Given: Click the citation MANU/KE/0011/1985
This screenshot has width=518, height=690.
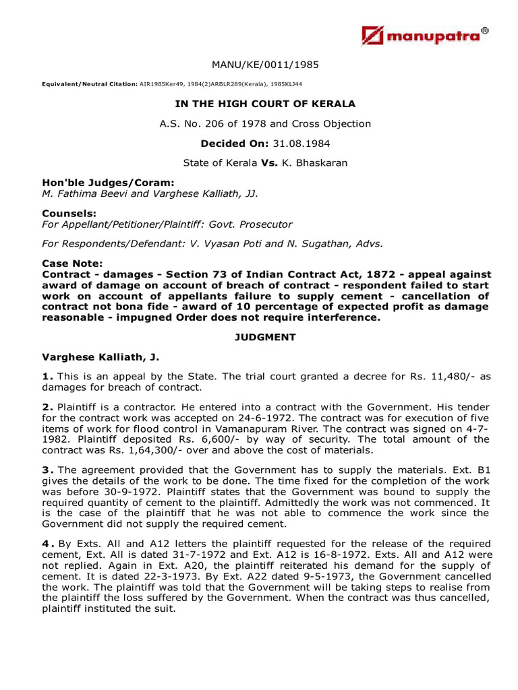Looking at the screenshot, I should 265,65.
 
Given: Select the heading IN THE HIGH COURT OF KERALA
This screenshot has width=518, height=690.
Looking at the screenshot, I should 265,104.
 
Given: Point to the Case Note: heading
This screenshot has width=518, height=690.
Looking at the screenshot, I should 73,263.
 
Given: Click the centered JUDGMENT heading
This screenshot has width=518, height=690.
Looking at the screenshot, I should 265,338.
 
